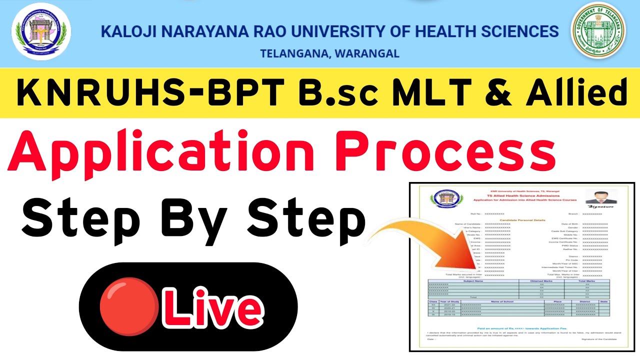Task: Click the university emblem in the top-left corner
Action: [41, 31]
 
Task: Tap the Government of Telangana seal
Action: [598, 31]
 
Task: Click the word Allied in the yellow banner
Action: [576, 93]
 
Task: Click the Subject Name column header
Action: [473, 280]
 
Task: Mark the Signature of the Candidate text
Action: [598, 339]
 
